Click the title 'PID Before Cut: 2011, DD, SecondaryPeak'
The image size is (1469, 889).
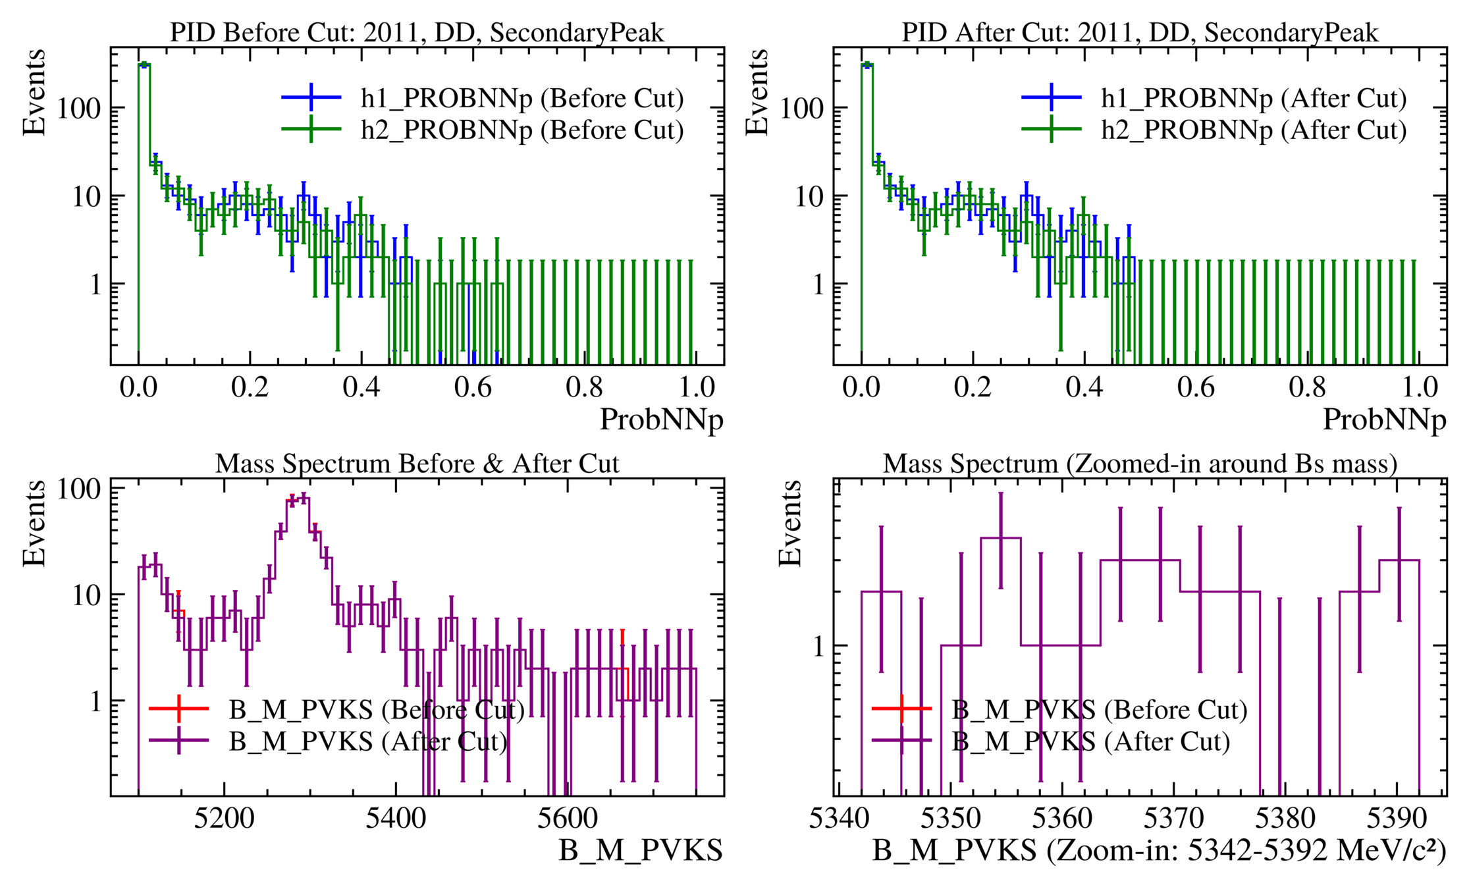(417, 32)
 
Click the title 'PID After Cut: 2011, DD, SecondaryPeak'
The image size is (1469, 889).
(1139, 32)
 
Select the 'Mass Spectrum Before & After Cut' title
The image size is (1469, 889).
(417, 464)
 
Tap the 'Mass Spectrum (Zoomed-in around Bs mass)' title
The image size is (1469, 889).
(1139, 464)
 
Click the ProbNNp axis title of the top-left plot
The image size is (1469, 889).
(661, 419)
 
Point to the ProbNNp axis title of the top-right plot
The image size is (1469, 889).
(1384, 419)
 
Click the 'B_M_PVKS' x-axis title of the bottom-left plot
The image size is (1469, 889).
(640, 850)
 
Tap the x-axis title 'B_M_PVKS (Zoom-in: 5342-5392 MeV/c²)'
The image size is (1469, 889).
(1159, 850)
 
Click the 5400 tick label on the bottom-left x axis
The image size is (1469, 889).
(396, 819)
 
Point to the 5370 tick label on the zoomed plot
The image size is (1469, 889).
(1173, 819)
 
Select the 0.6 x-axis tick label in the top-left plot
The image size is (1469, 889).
(473, 387)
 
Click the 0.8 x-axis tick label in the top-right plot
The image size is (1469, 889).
(1307, 387)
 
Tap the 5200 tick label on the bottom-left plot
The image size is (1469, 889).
(224, 819)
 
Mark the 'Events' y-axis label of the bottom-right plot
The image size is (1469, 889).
(789, 524)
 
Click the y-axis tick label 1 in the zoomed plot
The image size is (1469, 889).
(818, 647)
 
